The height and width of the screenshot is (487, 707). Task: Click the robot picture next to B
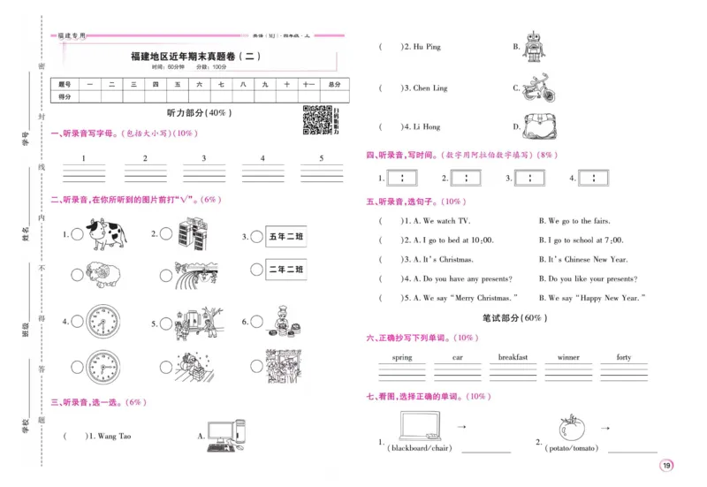(534, 47)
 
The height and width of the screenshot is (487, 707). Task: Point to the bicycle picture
(538, 88)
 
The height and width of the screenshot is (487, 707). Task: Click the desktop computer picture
(222, 436)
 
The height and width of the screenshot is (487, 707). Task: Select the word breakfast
(513, 358)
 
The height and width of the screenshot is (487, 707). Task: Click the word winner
(568, 358)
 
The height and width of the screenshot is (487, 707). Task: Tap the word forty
(624, 358)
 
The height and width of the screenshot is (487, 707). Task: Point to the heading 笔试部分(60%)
(513, 317)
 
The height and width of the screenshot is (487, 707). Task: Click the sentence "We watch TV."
(439, 221)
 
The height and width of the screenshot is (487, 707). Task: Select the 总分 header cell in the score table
(333, 84)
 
